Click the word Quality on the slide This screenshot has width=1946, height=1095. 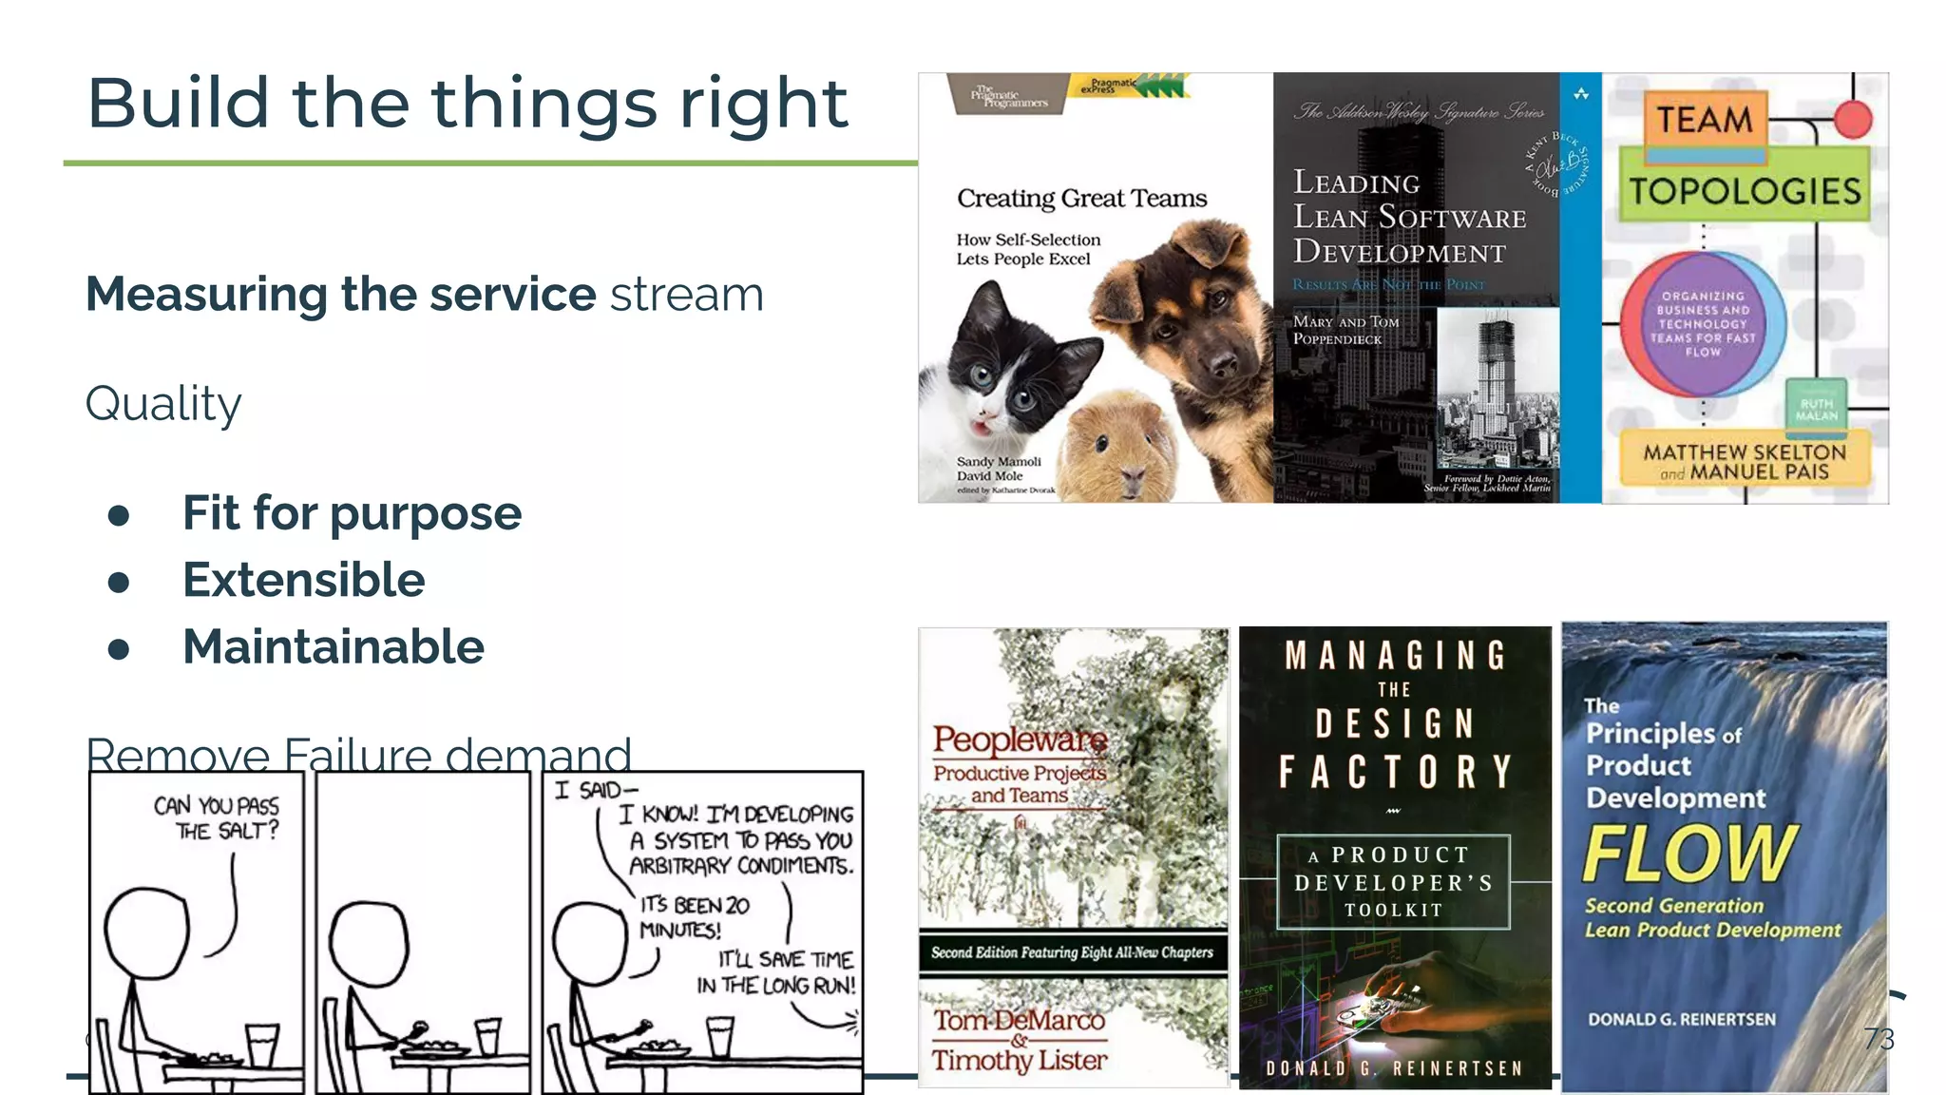coord(163,404)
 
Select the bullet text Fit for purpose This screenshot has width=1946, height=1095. coord(352,513)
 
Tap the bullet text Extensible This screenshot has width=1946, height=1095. coord(303,580)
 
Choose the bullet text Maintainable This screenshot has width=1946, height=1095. coord(334,647)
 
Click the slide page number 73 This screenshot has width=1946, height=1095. coord(1879,1039)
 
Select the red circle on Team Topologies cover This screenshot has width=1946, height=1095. coord(1852,120)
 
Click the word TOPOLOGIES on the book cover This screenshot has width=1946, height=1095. coord(1746,191)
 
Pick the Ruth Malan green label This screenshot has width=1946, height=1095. coord(1816,409)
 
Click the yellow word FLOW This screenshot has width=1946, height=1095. coord(1689,854)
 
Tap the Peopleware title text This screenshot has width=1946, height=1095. coord(1020,739)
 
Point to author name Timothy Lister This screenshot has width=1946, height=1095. coord(1020,1059)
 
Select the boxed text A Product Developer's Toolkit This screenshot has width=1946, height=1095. coord(1393,882)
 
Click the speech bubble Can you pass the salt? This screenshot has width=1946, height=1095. coord(217,817)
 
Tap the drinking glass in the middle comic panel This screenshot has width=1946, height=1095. coord(488,1036)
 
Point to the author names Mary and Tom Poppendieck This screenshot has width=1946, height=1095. coord(1345,330)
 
